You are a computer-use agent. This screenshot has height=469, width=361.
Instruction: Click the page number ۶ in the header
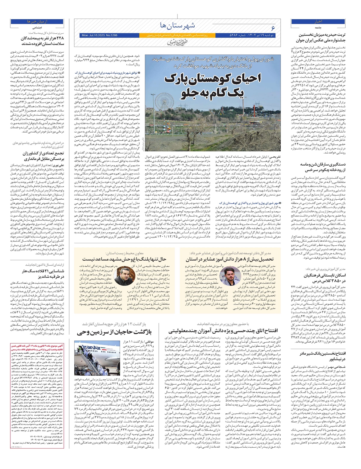273,28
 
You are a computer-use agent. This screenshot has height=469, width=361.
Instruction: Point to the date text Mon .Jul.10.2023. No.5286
99,35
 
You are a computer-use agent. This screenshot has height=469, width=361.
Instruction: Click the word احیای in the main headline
244,79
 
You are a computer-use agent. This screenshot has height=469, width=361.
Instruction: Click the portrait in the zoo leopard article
124,276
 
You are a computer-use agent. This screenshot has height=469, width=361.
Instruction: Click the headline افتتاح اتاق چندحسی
224,331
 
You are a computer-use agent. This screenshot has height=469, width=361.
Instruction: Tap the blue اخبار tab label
318,21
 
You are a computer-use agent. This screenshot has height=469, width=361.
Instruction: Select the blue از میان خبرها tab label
37,22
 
